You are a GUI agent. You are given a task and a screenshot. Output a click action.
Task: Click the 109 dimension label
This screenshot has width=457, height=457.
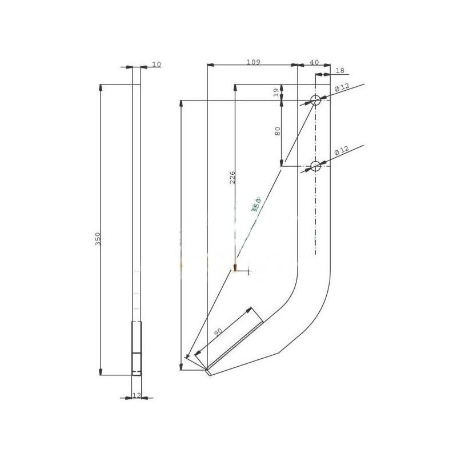click(x=253, y=62)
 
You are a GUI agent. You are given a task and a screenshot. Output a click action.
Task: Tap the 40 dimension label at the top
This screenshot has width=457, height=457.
click(x=314, y=62)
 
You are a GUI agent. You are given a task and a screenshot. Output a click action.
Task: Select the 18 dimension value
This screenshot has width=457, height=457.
click(x=340, y=70)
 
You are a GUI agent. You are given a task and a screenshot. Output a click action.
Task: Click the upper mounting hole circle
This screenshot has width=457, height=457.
click(x=315, y=101)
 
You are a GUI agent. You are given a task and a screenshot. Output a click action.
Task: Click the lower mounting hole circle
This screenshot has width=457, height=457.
click(x=315, y=166)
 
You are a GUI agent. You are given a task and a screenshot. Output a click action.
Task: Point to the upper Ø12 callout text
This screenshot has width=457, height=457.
click(x=342, y=87)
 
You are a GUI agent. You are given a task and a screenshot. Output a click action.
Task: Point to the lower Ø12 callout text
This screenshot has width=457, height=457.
click(x=342, y=150)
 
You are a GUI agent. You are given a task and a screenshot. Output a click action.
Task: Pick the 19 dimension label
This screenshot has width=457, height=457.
click(x=277, y=93)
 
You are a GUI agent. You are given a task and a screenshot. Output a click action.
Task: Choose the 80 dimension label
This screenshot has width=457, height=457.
click(x=278, y=131)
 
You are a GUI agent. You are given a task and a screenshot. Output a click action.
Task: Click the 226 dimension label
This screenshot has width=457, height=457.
click(x=232, y=178)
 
